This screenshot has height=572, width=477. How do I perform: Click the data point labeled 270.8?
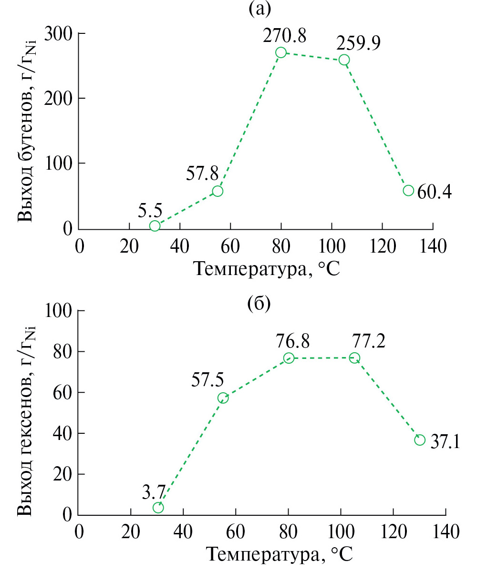tap(281, 52)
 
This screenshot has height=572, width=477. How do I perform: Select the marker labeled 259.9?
tap(344, 60)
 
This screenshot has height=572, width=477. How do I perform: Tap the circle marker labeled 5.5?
tap(155, 225)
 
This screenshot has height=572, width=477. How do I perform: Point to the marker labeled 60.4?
tap(408, 190)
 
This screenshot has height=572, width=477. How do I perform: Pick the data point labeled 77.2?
tap(354, 358)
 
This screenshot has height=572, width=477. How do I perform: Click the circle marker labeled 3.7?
tap(158, 507)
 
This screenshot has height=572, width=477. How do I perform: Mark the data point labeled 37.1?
tap(420, 440)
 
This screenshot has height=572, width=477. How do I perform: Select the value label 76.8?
tap(292, 341)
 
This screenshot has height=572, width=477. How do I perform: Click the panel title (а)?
tap(260, 9)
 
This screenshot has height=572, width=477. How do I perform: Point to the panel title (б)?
tap(259, 303)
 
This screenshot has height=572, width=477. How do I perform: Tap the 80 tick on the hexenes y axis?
tap(63, 352)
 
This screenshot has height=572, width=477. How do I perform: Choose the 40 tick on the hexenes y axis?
tap(63, 434)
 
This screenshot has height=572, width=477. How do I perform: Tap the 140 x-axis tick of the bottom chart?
tap(445, 530)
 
